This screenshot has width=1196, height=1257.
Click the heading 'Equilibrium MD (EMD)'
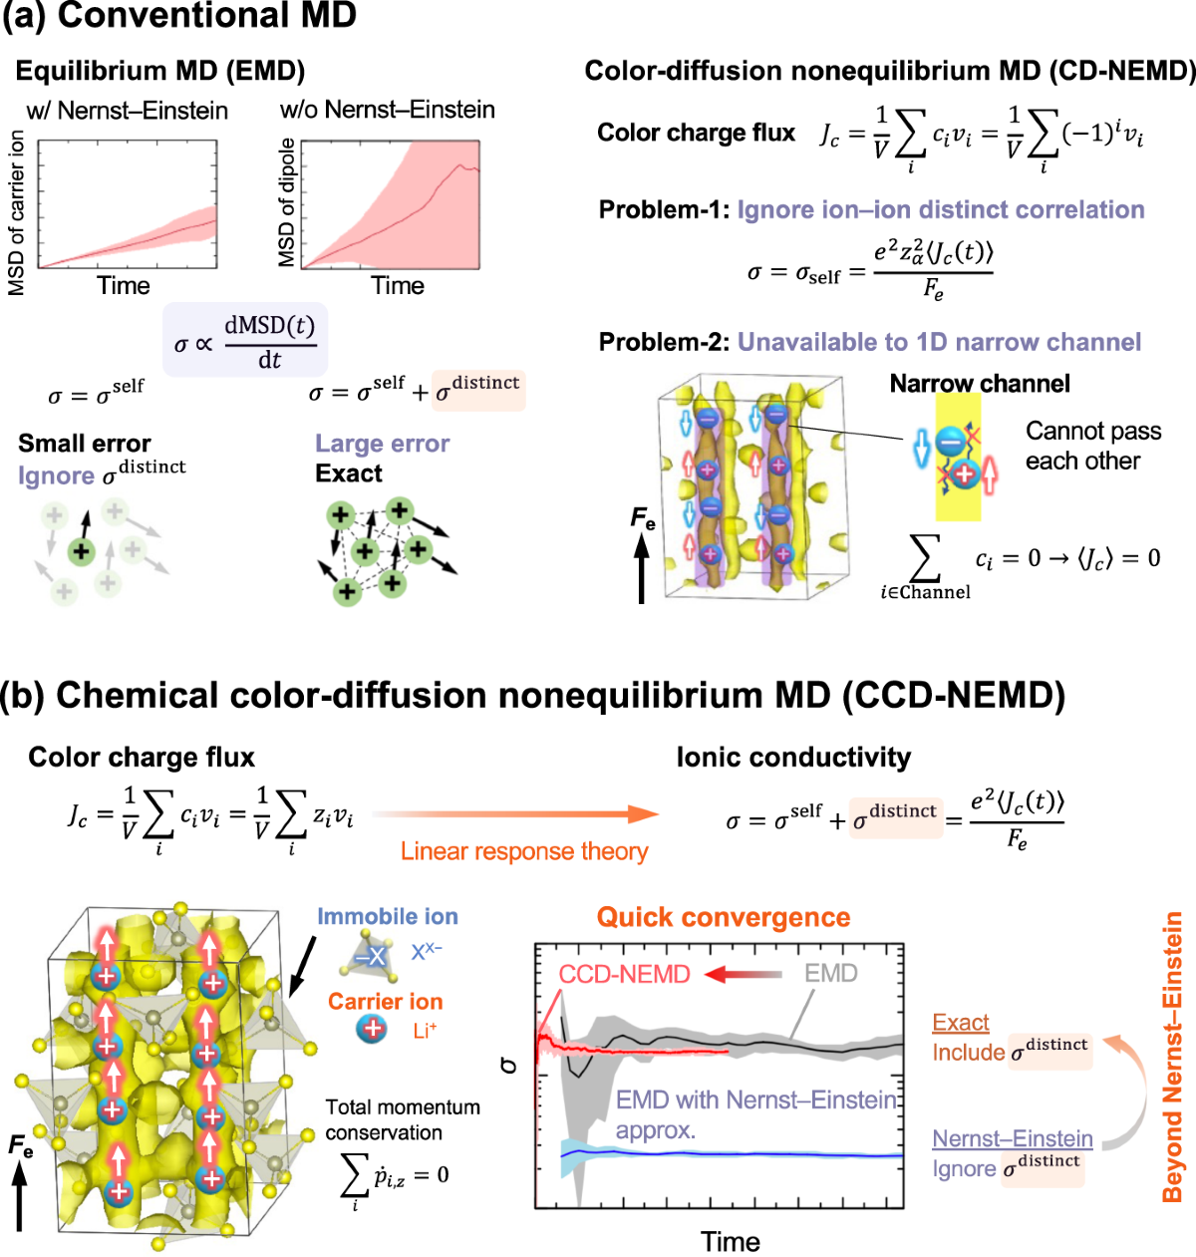[160, 71]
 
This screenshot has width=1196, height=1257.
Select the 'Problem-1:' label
[664, 209]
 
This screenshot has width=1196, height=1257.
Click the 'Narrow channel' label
[979, 384]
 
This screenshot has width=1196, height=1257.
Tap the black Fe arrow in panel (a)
[641, 568]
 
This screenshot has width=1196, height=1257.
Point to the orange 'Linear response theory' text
[524, 851]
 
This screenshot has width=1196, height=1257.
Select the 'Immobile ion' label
[387, 917]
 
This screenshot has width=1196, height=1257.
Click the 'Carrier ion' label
[385, 1002]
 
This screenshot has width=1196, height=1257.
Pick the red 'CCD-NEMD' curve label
[624, 974]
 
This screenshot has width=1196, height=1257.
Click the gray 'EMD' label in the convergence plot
[830, 973]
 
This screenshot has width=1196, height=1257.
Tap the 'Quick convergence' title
[724, 917]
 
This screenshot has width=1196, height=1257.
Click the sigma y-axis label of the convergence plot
[509, 1065]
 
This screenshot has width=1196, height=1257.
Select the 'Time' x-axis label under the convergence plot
[730, 1242]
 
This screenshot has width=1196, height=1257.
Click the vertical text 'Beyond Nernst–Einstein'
[1173, 1057]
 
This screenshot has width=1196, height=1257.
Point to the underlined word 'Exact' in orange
[961, 1023]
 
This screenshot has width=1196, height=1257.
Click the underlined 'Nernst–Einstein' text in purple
[1013, 1138]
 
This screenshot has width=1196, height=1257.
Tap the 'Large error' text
[382, 444]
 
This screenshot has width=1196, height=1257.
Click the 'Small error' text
[85, 444]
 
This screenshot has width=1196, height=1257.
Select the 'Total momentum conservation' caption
[403, 1119]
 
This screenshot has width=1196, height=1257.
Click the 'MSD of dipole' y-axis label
[287, 202]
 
